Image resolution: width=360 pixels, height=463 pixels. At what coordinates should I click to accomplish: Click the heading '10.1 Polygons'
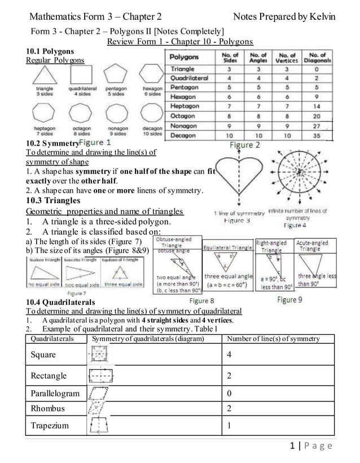point(50,51)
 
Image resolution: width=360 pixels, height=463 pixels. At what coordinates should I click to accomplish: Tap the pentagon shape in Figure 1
point(116,76)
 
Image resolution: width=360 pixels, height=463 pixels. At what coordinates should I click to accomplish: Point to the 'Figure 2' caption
point(244,145)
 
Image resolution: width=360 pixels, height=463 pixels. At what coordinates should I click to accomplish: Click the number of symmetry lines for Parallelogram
point(228,393)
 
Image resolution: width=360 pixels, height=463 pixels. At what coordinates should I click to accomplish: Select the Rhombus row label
point(47,408)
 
